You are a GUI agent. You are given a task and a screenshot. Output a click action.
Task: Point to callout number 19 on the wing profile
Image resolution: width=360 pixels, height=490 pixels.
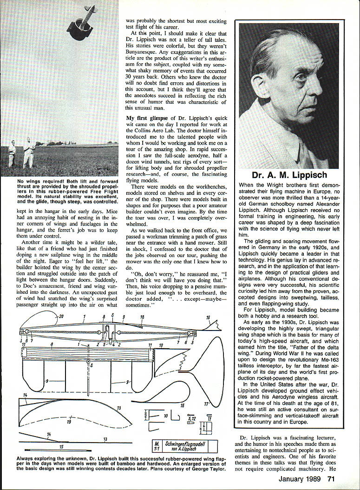point(69,422)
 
